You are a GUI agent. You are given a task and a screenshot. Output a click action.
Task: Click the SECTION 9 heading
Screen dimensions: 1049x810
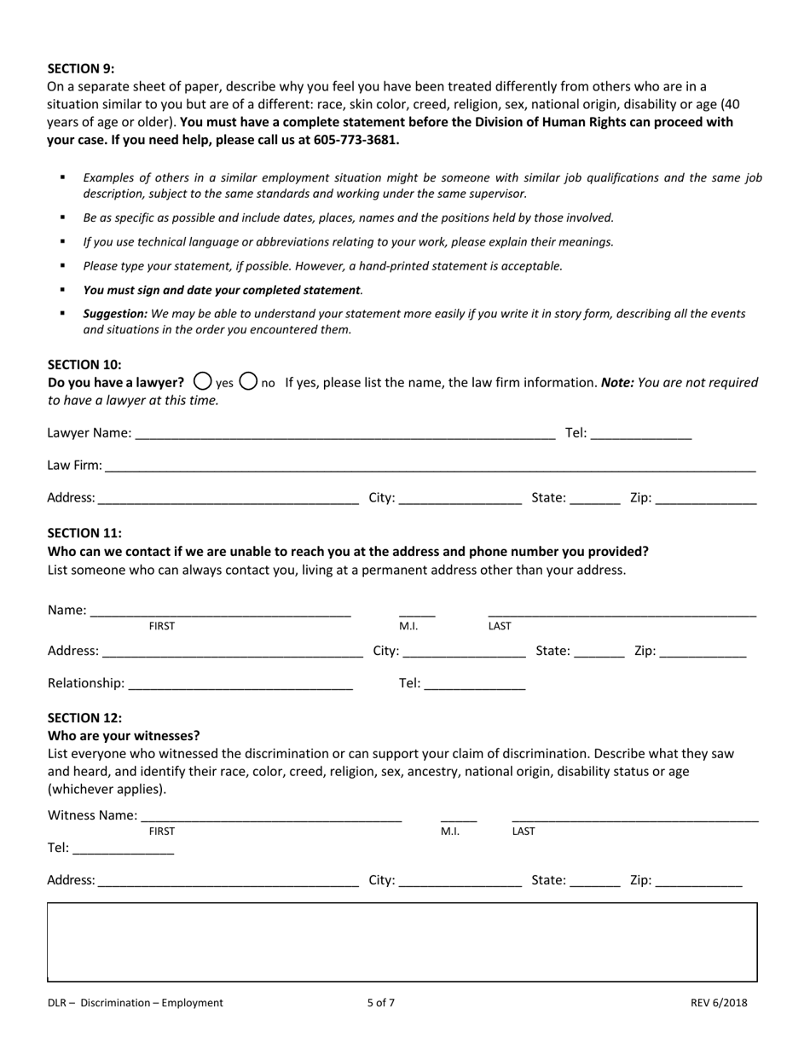pyautogui.click(x=80, y=69)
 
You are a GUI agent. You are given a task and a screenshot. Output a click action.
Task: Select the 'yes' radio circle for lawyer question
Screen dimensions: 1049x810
pyautogui.click(x=203, y=381)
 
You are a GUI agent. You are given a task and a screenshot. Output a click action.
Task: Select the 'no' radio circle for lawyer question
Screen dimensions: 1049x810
pyautogui.click(x=248, y=381)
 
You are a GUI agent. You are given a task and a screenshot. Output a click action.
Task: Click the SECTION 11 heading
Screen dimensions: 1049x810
pyautogui.click(x=84, y=533)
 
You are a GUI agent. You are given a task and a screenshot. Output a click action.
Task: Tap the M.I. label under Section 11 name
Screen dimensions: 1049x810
pyautogui.click(x=408, y=626)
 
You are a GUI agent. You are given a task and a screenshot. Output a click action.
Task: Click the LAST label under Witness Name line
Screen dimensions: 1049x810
pyautogui.click(x=524, y=831)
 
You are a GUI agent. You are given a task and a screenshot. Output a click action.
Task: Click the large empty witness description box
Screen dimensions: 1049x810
pyautogui.click(x=402, y=942)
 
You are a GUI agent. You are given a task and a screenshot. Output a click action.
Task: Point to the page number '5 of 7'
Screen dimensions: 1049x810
pyautogui.click(x=381, y=1003)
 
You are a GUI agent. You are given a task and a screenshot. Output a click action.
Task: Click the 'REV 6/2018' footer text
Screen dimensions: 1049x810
pyautogui.click(x=719, y=1003)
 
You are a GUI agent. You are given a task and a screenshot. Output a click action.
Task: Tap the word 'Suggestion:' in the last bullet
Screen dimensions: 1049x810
pyautogui.click(x=115, y=314)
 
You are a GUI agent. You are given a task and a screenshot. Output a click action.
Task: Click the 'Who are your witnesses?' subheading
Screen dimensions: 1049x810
pyautogui.click(x=124, y=735)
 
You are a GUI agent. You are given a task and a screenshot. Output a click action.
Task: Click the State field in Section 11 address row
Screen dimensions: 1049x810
pyautogui.click(x=599, y=651)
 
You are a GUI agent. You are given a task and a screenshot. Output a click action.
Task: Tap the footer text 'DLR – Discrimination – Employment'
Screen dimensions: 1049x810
pyautogui.click(x=136, y=1003)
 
